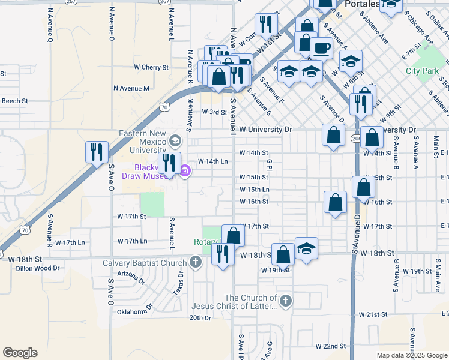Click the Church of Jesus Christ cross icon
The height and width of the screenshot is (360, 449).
[285, 301]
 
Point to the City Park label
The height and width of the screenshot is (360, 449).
[422, 71]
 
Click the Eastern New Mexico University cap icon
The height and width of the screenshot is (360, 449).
[175, 142]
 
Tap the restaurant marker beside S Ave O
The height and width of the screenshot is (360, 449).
[97, 152]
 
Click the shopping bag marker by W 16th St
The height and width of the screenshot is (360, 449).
[335, 202]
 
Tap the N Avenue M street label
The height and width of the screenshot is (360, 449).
[131, 88]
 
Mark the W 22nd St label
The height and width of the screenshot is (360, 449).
[331, 346]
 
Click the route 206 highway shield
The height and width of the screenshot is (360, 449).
[355, 138]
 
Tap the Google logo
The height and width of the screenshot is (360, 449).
[20, 353]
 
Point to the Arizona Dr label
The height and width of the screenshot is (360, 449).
[131, 276]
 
